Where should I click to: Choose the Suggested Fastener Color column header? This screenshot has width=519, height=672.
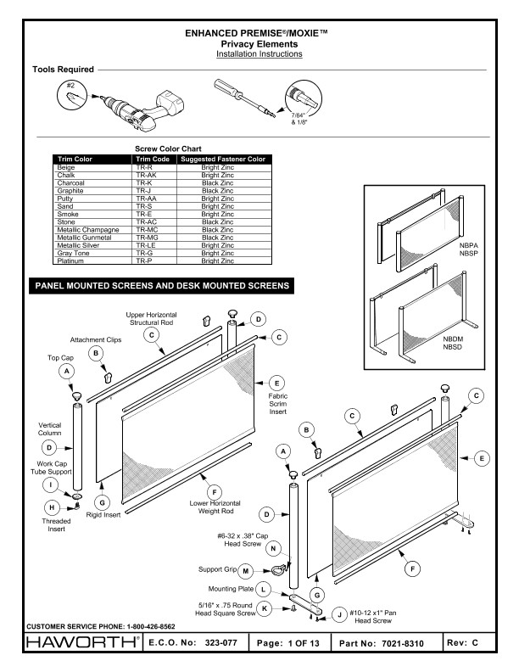(224, 160)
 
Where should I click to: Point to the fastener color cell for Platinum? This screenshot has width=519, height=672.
(224, 261)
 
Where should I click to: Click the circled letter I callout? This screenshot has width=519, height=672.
(51, 484)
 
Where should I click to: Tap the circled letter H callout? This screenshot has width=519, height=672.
(51, 507)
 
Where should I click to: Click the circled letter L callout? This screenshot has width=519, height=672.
(264, 588)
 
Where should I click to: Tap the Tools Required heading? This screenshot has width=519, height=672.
(63, 69)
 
